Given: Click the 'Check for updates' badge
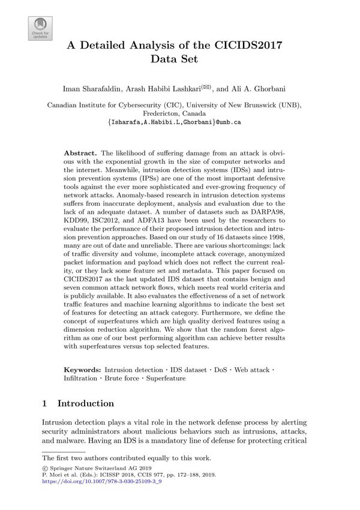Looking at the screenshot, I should click(40, 28).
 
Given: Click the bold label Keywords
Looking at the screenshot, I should click(83, 369).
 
